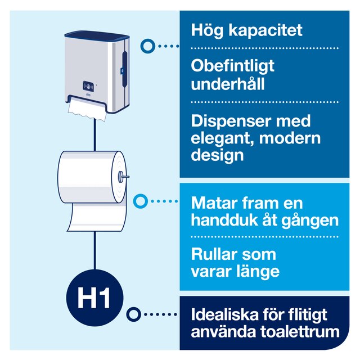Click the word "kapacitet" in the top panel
click(265, 30)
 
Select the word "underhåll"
click(228, 84)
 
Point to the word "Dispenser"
click(230, 121)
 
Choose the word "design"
click(217, 155)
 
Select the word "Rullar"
click(214, 254)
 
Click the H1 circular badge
click(94, 298)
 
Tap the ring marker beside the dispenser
click(148, 46)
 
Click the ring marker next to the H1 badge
click(134, 314)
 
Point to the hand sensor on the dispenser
click(88, 86)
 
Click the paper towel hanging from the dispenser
click(87, 107)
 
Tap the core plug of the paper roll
click(121, 176)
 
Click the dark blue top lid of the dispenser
click(97, 35)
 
